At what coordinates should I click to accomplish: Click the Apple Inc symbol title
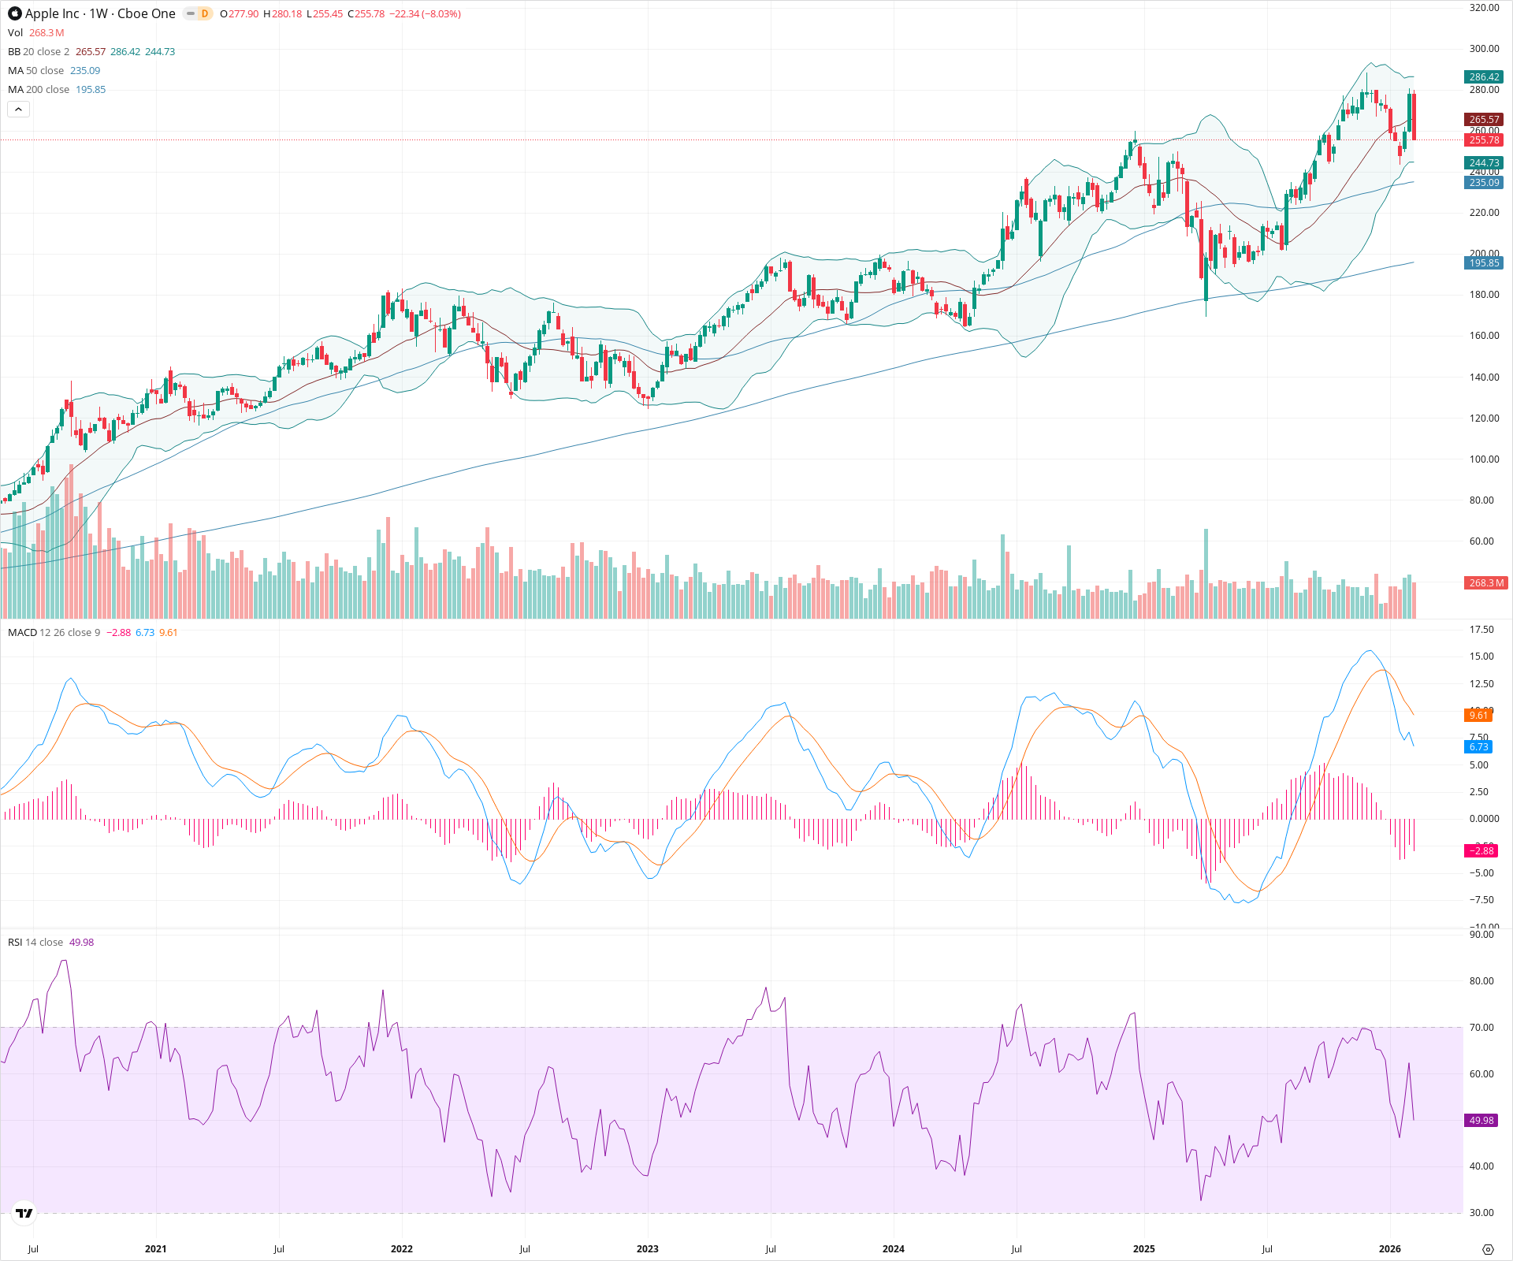click(x=100, y=13)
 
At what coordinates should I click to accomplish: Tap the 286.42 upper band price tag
click(x=1484, y=76)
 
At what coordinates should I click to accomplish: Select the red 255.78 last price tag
click(x=1484, y=140)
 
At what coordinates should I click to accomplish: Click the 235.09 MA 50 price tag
click(x=1484, y=183)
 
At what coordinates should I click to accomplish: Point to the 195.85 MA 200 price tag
click(x=1484, y=263)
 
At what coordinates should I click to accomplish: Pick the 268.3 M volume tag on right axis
click(x=1486, y=583)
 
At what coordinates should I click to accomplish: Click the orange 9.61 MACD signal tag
click(x=1478, y=716)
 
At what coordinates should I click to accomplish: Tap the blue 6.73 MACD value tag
click(x=1478, y=747)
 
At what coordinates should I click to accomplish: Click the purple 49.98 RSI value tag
click(x=1481, y=1121)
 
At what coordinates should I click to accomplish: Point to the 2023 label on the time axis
click(x=648, y=1249)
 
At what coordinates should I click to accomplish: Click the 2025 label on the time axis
click(x=1143, y=1249)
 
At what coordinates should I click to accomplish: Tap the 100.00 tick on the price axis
click(x=1484, y=459)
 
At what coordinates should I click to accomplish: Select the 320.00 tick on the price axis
click(x=1484, y=8)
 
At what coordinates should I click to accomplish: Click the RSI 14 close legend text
click(x=35, y=943)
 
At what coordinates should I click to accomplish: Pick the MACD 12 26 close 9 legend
click(x=54, y=633)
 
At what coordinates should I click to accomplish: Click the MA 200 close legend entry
click(x=39, y=90)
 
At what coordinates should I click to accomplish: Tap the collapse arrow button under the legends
click(x=18, y=110)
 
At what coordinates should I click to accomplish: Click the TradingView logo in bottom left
click(x=24, y=1213)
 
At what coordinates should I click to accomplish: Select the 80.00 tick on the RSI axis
click(x=1481, y=981)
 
